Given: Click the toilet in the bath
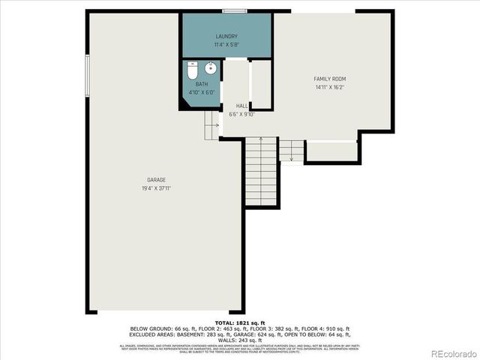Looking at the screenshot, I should click(x=192, y=72).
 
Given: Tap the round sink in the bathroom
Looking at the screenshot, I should click(x=210, y=68).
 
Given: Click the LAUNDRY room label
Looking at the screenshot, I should click(x=226, y=37).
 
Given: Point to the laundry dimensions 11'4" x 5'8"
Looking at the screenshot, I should click(x=226, y=45).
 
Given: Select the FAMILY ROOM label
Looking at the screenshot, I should click(x=329, y=79).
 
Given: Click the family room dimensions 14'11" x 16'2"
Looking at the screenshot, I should click(x=329, y=88).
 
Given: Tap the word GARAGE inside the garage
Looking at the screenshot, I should click(x=156, y=180).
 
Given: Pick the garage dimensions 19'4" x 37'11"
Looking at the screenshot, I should click(x=156, y=188).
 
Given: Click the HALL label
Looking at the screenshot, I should click(x=241, y=106).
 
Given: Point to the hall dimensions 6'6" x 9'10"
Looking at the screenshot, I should click(x=241, y=114).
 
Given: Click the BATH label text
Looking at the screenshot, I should click(x=202, y=84).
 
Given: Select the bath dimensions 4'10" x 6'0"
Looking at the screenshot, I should click(x=202, y=92).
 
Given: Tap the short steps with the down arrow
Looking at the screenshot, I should click(x=291, y=150).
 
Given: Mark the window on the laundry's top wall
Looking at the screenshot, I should click(x=235, y=10).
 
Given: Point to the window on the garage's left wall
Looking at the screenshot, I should click(x=87, y=75).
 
